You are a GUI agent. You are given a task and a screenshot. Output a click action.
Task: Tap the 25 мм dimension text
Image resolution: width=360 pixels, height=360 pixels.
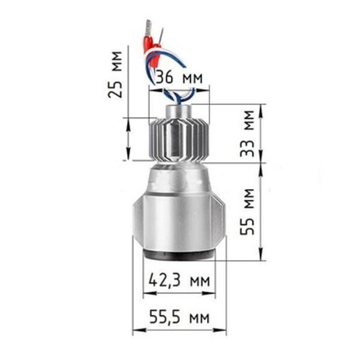tap(117, 73)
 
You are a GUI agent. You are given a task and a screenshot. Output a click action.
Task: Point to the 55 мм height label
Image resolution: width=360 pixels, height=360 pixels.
tap(246, 213)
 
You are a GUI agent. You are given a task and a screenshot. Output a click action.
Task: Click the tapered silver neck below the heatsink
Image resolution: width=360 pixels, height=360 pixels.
tap(178, 177)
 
